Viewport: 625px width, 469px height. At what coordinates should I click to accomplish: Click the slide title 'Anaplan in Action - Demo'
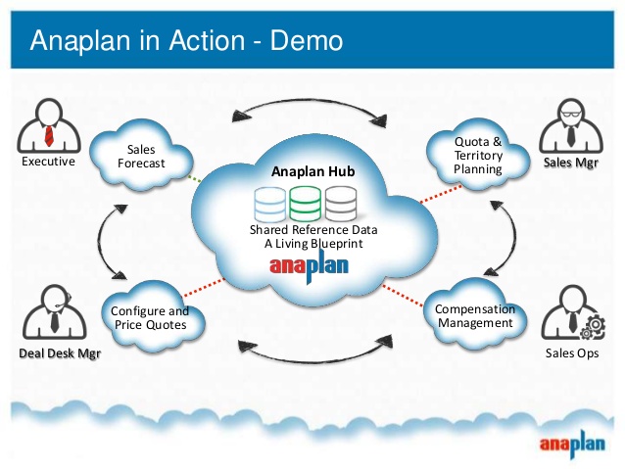coord(186,40)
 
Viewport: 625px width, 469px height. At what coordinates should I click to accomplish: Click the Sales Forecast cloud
coord(141,156)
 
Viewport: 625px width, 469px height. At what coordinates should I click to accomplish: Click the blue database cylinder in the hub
coord(267,203)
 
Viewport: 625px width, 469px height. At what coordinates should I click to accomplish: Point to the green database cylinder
coord(304,203)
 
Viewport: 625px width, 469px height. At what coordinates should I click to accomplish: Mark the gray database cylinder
coord(340,203)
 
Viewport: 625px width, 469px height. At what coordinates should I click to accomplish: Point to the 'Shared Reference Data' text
coord(312,230)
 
